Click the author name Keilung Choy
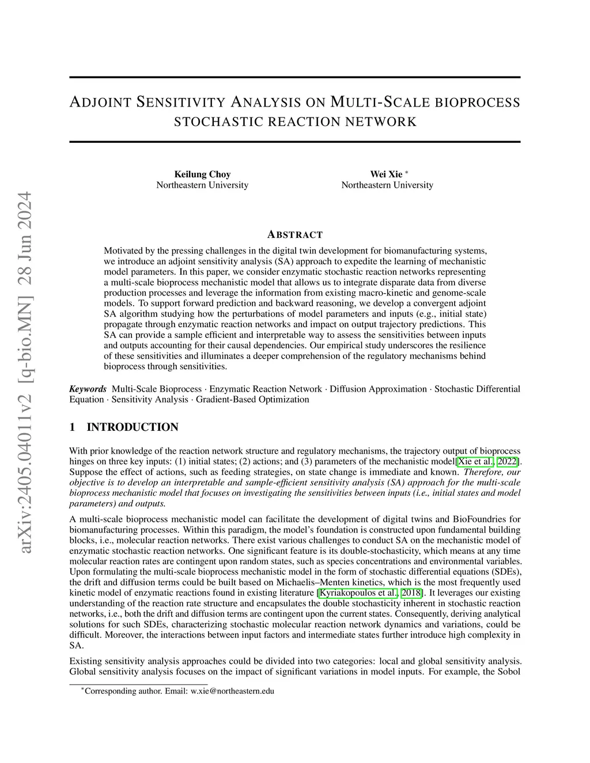coord(202,174)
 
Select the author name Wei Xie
coord(386,174)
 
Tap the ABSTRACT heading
coord(295,234)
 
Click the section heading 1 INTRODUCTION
coord(124,427)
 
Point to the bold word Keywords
coord(88,389)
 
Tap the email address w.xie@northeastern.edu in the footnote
coord(232,691)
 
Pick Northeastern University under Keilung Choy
coord(202,185)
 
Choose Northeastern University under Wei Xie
coord(387,185)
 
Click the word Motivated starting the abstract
coord(123,250)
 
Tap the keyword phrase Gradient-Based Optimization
coord(252,399)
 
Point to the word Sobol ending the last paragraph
coord(509,671)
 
